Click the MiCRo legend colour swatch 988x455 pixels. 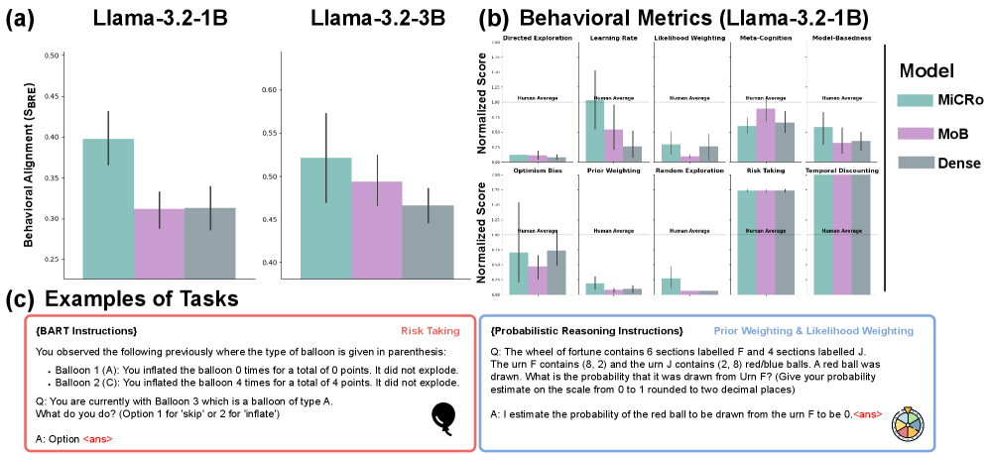[x=917, y=100]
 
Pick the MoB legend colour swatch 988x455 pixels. [x=917, y=132]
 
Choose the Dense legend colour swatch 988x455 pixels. [x=917, y=162]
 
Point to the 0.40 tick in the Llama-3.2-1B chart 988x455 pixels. [x=51, y=137]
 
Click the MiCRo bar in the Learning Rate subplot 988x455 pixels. [x=594, y=130]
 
